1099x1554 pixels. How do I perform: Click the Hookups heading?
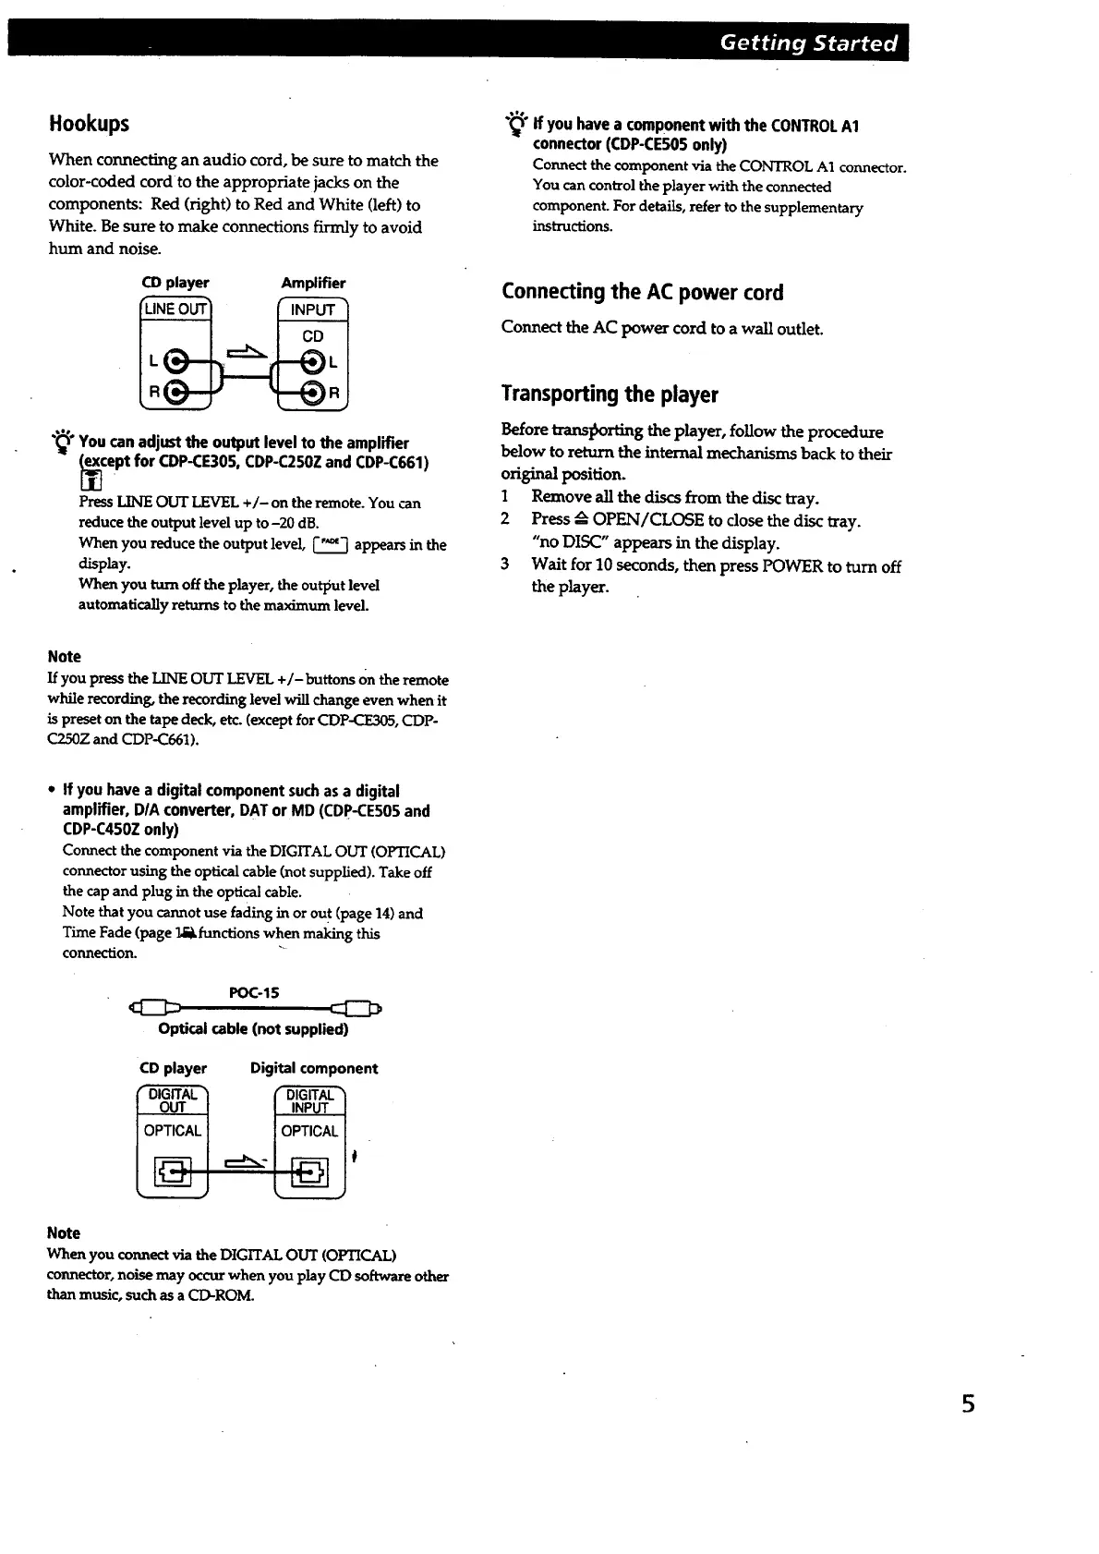tap(89, 124)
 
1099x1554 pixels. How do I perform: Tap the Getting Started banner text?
tap(808, 43)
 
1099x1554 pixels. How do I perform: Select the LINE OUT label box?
tap(175, 309)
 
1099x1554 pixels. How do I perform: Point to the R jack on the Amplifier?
tap(314, 393)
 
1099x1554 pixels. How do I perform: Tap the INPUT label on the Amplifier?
tap(312, 310)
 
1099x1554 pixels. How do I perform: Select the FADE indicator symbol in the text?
tap(330, 544)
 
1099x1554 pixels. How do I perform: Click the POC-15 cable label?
tap(253, 992)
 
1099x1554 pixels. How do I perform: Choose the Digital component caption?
tap(314, 1068)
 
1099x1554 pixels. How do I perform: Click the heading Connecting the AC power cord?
tap(642, 292)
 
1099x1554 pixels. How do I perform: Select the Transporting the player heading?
tap(610, 394)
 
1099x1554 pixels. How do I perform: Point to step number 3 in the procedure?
tap(505, 565)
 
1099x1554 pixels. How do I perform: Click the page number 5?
tap(968, 1404)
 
